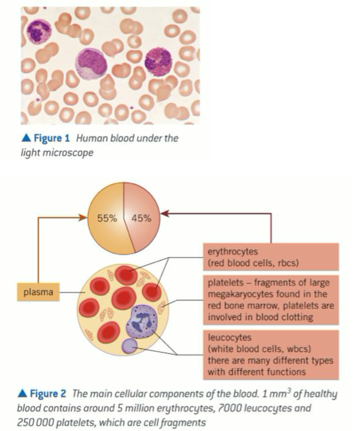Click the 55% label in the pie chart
(107, 218)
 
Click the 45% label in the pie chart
(141, 218)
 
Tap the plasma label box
(38, 292)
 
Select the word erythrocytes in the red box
(233, 252)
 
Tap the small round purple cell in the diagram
(129, 346)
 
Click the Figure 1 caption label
(52, 138)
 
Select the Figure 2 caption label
(48, 394)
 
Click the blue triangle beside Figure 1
(26, 138)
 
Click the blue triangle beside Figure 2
(22, 394)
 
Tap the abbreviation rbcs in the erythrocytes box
(287, 263)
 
